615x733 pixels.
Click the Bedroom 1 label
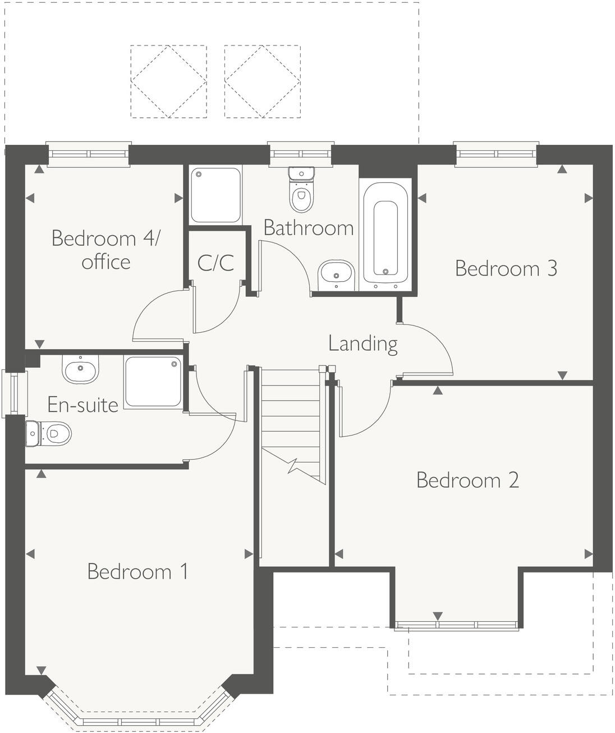[137, 571]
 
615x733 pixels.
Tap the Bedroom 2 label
[467, 480]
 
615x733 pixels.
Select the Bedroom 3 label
[506, 268]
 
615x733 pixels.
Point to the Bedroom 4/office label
[105, 250]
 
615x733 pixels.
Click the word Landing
[363, 343]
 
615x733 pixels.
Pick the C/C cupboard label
[215, 262]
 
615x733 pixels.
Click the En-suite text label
[82, 405]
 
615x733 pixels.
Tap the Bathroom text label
[308, 228]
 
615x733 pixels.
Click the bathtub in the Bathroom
[385, 233]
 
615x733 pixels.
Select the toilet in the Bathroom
[301, 190]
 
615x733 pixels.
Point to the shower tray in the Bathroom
[215, 195]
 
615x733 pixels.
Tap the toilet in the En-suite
[49, 433]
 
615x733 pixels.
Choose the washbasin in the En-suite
[80, 369]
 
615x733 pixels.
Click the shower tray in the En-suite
[153, 382]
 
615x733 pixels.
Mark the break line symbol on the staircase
[293, 465]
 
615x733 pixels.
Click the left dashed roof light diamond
[168, 81]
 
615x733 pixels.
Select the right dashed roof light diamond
[262, 81]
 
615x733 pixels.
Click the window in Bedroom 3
[495, 154]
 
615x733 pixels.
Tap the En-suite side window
[13, 393]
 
